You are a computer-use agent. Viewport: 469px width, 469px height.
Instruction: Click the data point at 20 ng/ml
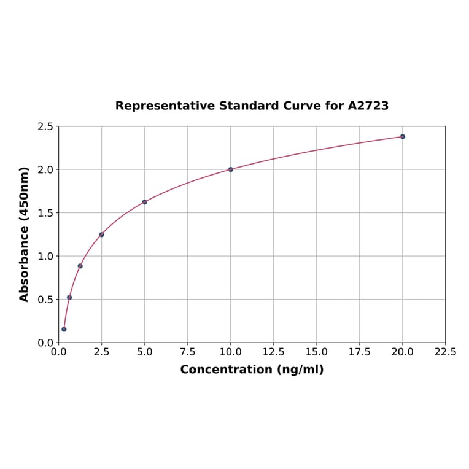tap(403, 136)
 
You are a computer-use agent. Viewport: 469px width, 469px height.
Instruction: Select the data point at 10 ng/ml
tap(231, 169)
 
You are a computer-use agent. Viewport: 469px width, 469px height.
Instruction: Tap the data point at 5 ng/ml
tap(145, 202)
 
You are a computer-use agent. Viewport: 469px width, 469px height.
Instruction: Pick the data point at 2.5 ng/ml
tap(102, 234)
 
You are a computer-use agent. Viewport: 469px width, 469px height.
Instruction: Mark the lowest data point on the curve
tap(64, 329)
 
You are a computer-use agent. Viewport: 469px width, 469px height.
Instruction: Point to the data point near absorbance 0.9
tap(80, 266)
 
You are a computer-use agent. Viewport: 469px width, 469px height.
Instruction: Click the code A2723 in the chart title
tap(368, 106)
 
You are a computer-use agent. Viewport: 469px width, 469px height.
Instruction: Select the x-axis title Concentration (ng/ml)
tap(252, 370)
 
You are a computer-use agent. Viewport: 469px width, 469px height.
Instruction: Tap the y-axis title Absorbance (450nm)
tap(25, 234)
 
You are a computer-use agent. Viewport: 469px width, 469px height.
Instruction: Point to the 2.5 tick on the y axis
tap(45, 126)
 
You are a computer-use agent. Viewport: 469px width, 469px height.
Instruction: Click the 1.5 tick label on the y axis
tap(45, 213)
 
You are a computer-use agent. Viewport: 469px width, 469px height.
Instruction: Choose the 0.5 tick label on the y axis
tap(45, 300)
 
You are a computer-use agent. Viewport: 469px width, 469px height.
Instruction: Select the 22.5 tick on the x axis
tap(445, 352)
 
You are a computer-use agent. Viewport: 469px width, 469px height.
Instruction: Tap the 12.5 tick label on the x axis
tap(274, 352)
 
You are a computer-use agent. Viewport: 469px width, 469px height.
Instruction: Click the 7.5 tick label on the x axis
tap(188, 352)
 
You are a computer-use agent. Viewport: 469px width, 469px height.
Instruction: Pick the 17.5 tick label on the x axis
tap(360, 352)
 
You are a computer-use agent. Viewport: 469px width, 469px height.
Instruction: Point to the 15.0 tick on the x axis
tap(317, 352)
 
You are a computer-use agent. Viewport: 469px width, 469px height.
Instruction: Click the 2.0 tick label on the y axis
tap(45, 169)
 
